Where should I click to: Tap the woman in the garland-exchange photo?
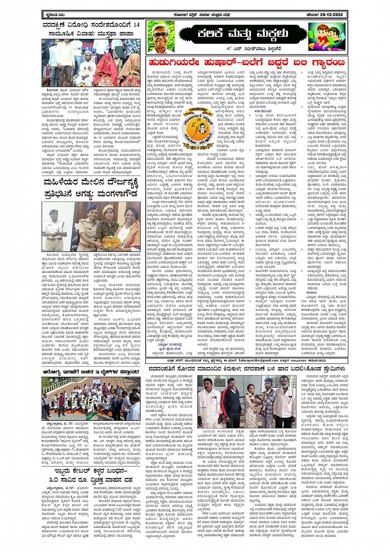[x=251, y=404]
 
